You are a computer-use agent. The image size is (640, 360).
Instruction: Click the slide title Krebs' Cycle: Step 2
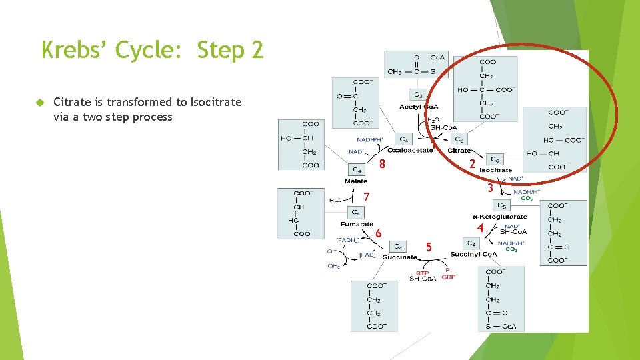click(153, 49)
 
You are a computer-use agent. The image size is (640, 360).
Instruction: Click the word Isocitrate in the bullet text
click(216, 102)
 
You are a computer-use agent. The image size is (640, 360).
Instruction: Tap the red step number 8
click(383, 165)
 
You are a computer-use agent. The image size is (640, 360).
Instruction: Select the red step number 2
click(472, 164)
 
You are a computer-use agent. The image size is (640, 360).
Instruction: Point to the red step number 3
click(490, 189)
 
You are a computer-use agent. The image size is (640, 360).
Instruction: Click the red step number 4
click(480, 228)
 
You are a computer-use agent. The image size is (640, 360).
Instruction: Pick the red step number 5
click(429, 247)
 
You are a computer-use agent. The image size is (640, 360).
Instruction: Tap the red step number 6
click(378, 233)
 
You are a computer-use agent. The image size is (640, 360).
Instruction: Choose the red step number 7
click(367, 197)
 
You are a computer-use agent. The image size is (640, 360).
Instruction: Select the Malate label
click(356, 181)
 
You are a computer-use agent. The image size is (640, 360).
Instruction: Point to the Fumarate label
click(357, 224)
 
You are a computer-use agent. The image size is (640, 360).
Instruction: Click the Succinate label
click(399, 257)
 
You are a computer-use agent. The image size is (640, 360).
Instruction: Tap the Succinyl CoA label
click(473, 254)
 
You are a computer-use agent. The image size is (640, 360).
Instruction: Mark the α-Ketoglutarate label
click(499, 216)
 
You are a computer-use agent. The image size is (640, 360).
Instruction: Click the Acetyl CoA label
click(417, 107)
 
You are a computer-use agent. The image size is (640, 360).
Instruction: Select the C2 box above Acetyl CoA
click(417, 95)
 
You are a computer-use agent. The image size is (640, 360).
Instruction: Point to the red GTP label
click(423, 273)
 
